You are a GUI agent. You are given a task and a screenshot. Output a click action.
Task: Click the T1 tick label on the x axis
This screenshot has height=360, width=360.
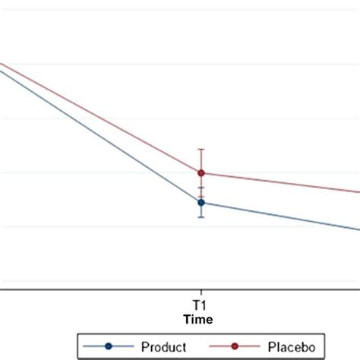201,304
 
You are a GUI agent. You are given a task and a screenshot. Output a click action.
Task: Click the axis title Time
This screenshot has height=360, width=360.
201,319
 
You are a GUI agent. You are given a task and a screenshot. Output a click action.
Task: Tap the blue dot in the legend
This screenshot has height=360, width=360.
108,346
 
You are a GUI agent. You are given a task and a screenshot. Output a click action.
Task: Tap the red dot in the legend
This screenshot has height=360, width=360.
234,346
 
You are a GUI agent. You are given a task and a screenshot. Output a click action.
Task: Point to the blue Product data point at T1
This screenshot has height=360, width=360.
201,202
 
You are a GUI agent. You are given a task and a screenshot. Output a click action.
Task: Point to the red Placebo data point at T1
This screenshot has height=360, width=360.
201,173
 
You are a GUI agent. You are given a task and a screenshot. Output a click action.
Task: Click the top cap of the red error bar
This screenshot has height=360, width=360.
201,149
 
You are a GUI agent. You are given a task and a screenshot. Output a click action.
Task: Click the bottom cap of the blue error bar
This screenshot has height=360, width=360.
201,217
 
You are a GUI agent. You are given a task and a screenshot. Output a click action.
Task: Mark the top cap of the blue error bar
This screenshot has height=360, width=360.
201,188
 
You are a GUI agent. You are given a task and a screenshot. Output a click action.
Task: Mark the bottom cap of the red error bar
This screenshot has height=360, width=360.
201,197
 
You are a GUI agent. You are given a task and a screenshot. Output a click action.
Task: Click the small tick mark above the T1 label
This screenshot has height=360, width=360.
201,292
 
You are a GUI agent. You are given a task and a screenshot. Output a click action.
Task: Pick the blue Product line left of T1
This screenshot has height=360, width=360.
99,136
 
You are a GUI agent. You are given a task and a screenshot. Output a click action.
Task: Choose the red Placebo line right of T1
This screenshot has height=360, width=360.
281,183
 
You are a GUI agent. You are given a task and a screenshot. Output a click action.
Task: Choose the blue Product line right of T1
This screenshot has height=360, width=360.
281,216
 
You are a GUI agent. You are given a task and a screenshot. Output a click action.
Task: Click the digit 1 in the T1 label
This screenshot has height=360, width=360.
204,304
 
